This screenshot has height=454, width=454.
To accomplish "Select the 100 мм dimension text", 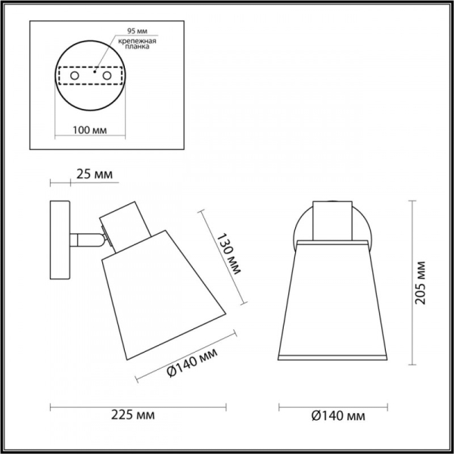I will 89,131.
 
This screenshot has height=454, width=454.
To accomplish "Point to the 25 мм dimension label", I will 95,175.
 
